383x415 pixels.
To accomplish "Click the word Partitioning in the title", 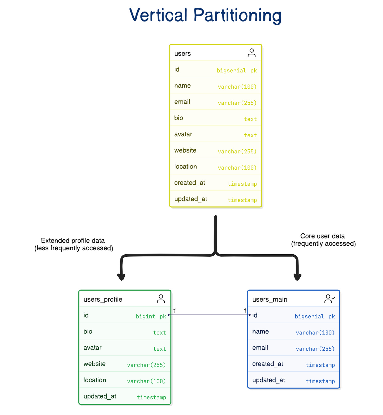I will [x=238, y=15].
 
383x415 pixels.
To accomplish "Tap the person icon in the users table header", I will [x=251, y=53].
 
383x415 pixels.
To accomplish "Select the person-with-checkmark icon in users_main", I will [x=329, y=299].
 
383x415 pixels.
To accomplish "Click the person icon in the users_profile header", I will [x=161, y=299].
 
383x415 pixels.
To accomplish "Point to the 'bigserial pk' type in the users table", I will [x=236, y=70].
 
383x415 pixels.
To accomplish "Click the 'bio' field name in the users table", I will [x=179, y=118].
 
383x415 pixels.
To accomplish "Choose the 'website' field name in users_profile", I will [x=94, y=364].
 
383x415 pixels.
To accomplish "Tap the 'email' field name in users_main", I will [x=260, y=348].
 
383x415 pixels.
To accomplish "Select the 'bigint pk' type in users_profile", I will [x=151, y=316].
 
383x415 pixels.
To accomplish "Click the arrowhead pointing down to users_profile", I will [x=121, y=277].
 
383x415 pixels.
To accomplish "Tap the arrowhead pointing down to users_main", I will [x=298, y=277].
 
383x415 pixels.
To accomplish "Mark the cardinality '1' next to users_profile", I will [x=174, y=311].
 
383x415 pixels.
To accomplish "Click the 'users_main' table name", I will [x=270, y=300].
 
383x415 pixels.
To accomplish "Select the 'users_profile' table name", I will [x=103, y=300].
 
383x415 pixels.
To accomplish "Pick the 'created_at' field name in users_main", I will [x=268, y=364].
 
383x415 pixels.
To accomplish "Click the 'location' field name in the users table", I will [x=185, y=167].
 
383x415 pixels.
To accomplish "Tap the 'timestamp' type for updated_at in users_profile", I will [x=151, y=397].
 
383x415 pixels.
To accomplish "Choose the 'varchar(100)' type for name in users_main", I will [x=315, y=333].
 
